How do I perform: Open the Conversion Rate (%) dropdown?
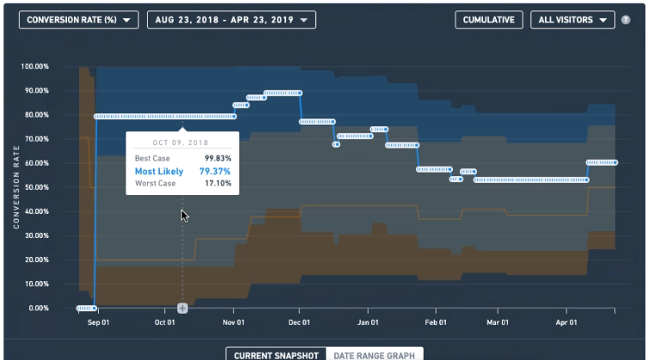(78, 20)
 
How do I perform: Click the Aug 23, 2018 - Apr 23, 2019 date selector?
(231, 20)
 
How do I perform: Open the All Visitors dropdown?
(572, 20)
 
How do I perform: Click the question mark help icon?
(626, 20)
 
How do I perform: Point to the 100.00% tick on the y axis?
(34, 66)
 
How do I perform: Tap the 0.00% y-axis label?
(39, 308)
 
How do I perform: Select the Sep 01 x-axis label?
(98, 322)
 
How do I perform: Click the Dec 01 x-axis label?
(299, 322)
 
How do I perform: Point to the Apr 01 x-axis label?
(566, 322)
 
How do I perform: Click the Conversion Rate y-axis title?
(16, 186)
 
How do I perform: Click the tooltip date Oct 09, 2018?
(180, 143)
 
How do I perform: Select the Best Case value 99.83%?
(217, 158)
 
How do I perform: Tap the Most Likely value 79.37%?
(215, 171)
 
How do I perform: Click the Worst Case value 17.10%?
(218, 183)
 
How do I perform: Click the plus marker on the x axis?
(182, 308)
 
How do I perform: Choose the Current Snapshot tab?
(276, 355)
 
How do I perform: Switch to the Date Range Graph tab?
(375, 355)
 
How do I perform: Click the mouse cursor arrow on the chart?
(184, 216)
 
